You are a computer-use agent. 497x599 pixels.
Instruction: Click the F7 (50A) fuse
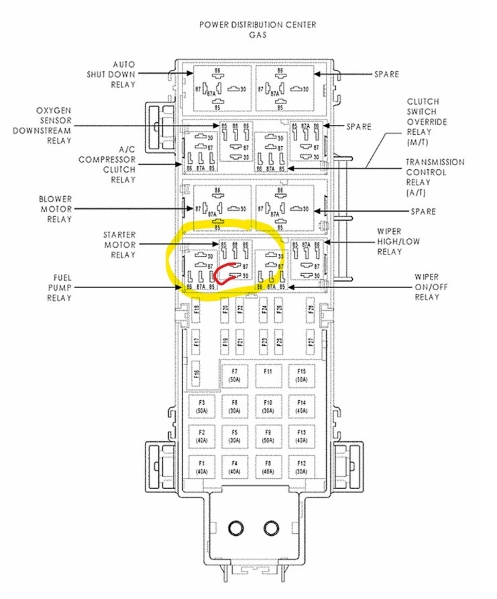(234, 375)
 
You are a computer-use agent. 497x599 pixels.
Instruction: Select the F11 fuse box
(268, 375)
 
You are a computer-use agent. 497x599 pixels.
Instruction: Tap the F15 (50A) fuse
(301, 375)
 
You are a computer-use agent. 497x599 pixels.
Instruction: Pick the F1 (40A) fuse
(201, 467)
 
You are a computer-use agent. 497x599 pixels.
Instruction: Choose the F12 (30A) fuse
(301, 467)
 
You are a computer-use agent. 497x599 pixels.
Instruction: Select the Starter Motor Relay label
(119, 244)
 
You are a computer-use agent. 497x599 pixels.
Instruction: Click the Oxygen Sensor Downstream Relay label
(50, 125)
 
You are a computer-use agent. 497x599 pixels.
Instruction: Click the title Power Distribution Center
(258, 25)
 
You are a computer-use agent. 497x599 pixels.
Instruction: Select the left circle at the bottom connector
(237, 528)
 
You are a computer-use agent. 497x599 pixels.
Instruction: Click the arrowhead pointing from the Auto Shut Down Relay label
(189, 74)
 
